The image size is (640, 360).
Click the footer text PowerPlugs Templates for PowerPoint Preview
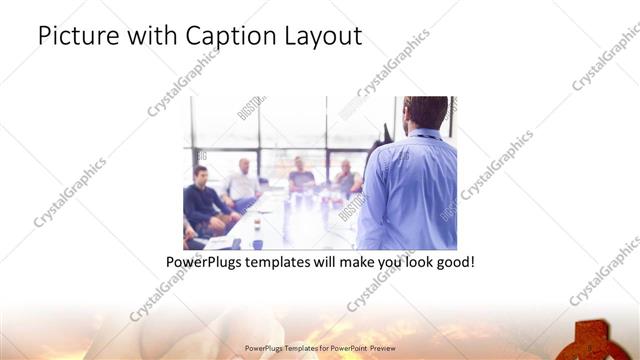(319, 349)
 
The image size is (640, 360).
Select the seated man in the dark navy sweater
(203, 200)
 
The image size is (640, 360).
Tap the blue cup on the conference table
(257, 243)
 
